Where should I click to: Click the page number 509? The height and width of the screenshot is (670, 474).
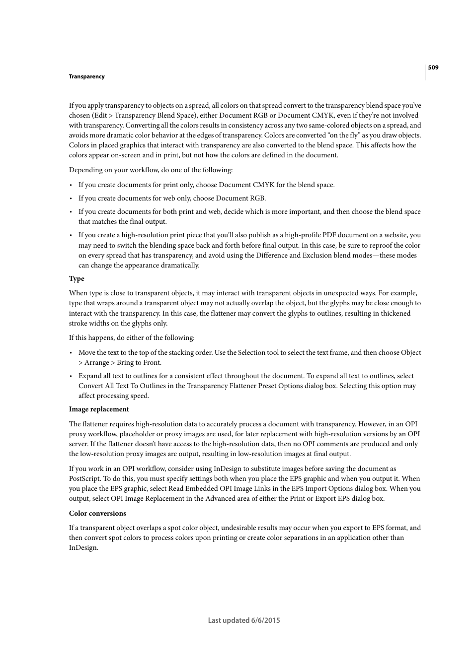433,67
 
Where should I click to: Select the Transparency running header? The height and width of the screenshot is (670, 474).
86,76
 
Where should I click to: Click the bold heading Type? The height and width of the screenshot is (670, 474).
77,279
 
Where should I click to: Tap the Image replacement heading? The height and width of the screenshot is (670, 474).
99,409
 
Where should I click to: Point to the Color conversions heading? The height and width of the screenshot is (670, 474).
97,514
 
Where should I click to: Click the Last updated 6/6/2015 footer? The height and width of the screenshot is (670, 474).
243,620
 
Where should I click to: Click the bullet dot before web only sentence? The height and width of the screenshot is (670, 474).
72,199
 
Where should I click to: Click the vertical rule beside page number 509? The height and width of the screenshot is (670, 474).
425,72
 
